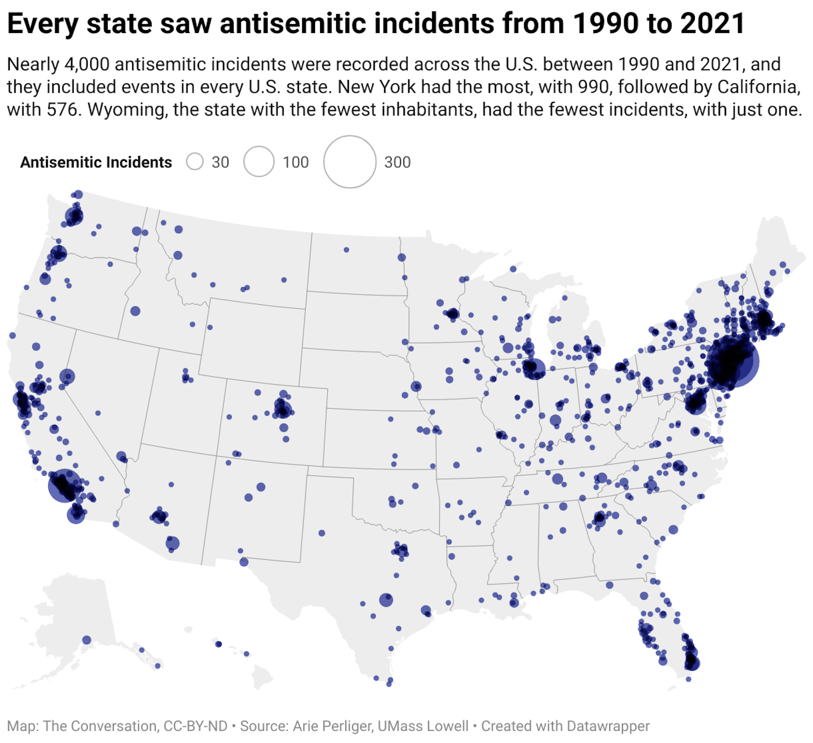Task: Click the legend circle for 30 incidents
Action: pos(195,162)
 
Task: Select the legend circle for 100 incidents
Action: pos(259,162)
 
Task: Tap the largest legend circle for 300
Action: pos(350,162)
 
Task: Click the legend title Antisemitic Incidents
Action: pos(96,162)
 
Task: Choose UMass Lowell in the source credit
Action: pos(423,726)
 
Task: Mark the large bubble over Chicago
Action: pos(534,369)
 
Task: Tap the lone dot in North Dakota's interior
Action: pos(346,250)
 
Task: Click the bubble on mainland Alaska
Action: pos(87,640)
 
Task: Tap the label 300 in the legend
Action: pos(397,162)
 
